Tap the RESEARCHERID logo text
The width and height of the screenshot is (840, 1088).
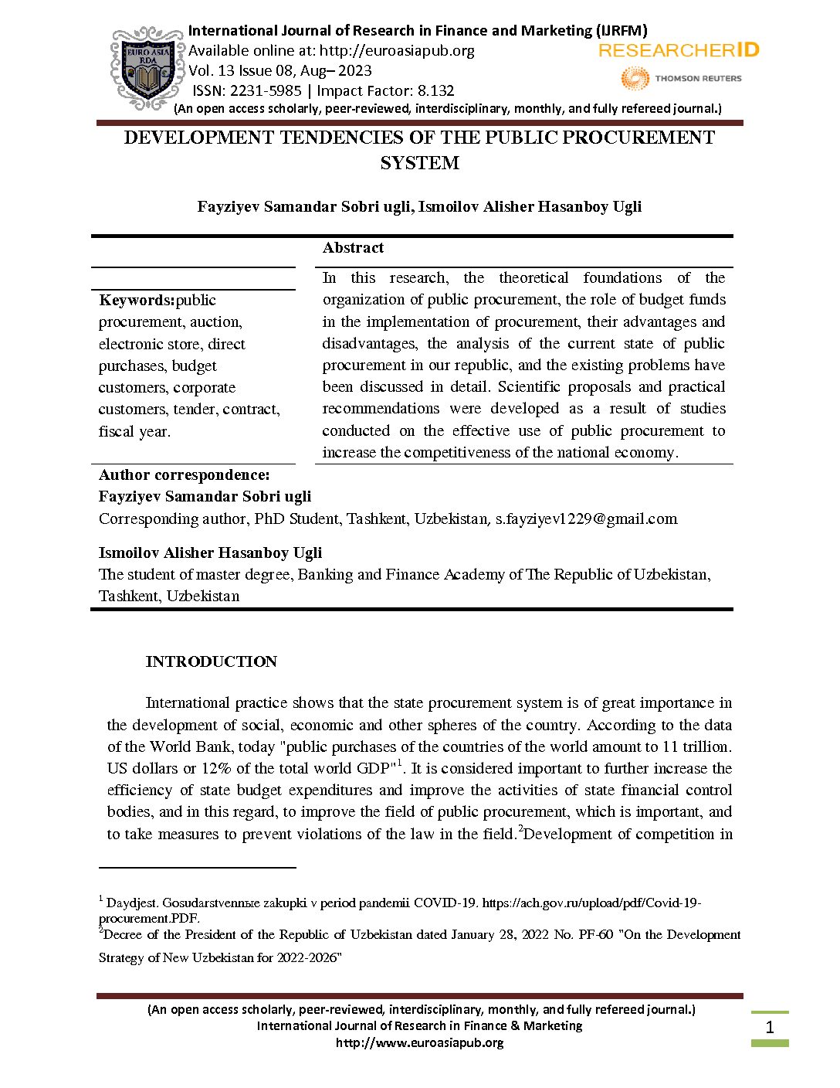click(679, 51)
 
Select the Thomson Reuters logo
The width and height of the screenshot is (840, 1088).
click(681, 78)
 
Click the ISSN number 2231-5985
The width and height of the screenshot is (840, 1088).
click(266, 90)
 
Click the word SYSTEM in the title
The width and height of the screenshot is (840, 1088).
click(419, 163)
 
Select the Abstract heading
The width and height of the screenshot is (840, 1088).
click(353, 248)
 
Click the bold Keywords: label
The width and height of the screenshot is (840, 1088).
click(137, 301)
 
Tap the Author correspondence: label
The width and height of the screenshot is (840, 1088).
click(185, 475)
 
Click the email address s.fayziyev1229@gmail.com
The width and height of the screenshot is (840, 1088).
click(586, 519)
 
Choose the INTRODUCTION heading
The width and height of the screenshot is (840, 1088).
click(211, 662)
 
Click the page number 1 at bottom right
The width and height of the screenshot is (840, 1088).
click(769, 1028)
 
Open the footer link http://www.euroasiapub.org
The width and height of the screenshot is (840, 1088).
click(419, 1042)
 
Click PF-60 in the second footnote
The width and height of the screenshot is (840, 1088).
click(595, 935)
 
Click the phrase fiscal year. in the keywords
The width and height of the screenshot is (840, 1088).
click(134, 432)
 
